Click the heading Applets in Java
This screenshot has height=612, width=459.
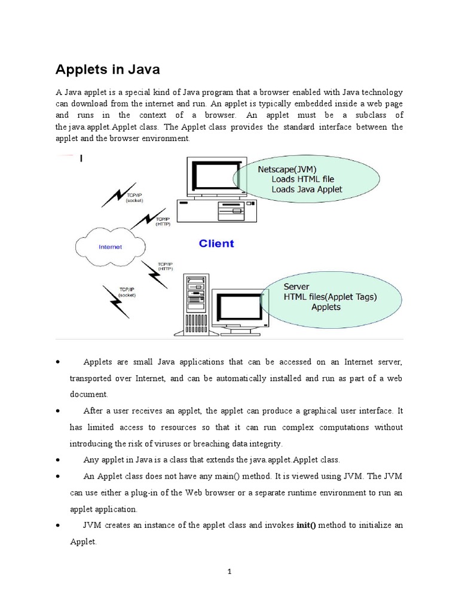[108, 70]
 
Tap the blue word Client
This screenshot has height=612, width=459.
[216, 243]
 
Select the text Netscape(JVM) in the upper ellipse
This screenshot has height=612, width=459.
[287, 169]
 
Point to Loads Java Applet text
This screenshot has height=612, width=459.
[307, 189]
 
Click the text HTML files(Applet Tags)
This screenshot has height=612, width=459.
[331, 297]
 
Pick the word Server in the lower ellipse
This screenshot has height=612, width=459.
[297, 287]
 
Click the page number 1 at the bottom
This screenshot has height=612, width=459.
[229, 571]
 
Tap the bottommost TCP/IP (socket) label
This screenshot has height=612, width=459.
[126, 292]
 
